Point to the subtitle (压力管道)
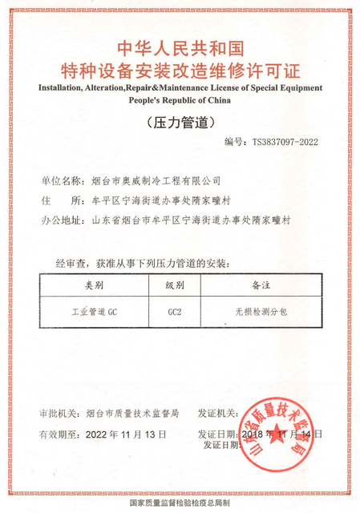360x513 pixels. [180, 123]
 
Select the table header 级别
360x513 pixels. [176, 285]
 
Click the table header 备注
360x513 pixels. [261, 285]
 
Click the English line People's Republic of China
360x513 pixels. [180, 101]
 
